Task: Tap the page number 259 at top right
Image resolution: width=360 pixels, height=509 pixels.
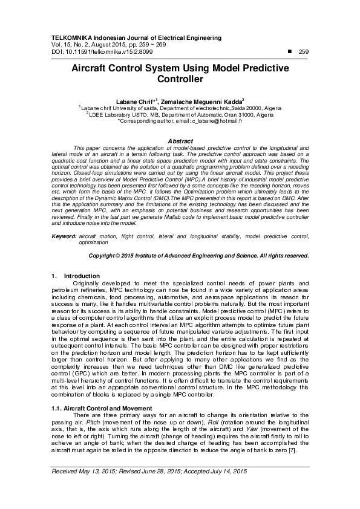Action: [x=304, y=51]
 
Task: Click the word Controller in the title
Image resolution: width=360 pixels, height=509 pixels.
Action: [x=180, y=79]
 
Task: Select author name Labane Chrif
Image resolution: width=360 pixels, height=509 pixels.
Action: [x=135, y=100]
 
